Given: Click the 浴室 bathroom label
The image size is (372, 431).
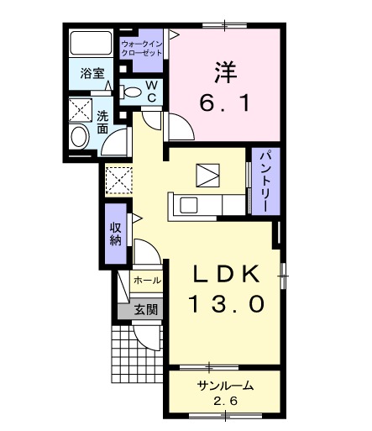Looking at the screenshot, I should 92,74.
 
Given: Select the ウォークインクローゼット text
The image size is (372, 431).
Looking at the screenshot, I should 143,46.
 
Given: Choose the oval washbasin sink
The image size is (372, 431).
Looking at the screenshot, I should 81,138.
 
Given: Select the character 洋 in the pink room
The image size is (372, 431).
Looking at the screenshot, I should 223,72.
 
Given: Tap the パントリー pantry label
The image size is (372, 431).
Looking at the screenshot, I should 263,182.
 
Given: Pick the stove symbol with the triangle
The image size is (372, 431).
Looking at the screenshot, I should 207,174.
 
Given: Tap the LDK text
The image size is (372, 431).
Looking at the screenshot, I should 223,274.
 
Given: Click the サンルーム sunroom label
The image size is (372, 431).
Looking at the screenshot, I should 225,386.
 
